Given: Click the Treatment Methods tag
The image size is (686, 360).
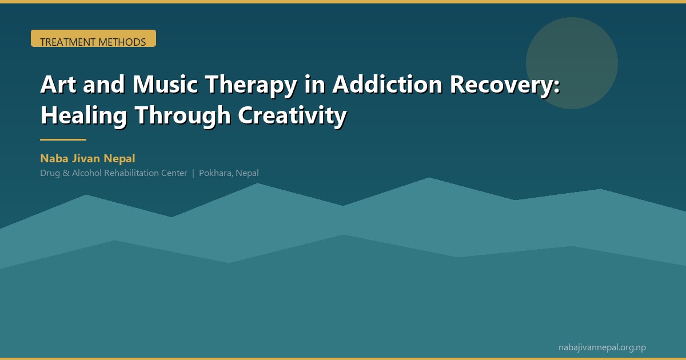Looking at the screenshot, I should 93,39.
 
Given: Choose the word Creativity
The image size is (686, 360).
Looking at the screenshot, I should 292,116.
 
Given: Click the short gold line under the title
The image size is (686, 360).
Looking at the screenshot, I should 63,139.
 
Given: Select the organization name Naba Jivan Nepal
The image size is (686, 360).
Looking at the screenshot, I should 87,158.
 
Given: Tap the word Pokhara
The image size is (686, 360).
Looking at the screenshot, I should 215,173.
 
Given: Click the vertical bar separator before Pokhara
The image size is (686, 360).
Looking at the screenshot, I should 193,173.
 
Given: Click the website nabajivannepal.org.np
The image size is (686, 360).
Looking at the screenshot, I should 602,347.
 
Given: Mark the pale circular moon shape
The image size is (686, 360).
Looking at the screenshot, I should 572,63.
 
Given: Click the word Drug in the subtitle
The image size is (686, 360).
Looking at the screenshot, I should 49,173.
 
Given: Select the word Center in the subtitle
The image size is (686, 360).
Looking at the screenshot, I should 174,173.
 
